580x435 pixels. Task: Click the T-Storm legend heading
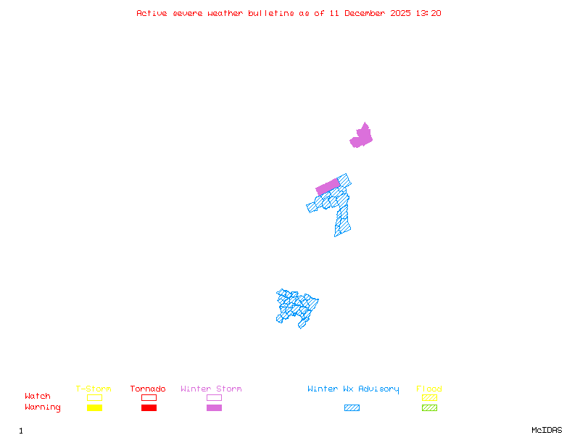pos(94,389)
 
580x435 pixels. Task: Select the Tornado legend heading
pos(148,389)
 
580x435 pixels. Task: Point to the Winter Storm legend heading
pos(211,389)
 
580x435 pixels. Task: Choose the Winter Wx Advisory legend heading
pos(353,389)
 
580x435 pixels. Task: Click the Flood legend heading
pos(429,389)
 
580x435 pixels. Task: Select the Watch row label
pos(38,397)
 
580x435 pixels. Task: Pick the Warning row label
pos(43,407)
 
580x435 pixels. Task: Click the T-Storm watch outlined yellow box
pos(94,397)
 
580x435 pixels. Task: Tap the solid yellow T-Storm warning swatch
pos(94,407)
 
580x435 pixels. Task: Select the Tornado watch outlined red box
pos(149,397)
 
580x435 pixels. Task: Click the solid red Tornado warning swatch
pos(149,407)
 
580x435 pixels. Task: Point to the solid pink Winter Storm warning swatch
pos(214,407)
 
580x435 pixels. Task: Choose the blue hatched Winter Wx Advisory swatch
pos(352,407)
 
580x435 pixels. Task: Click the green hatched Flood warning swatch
pos(429,407)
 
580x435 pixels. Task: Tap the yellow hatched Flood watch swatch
pos(429,397)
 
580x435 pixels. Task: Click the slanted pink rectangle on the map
pos(328,186)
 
